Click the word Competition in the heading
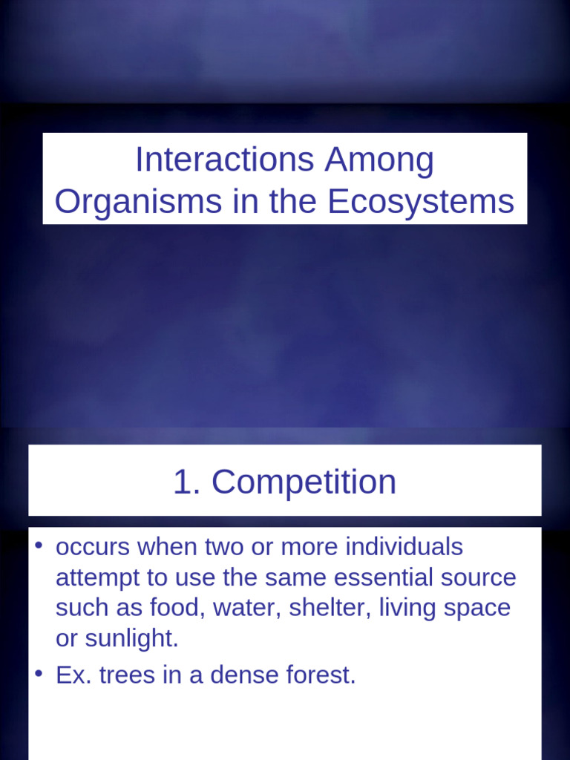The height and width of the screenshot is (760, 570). point(304,482)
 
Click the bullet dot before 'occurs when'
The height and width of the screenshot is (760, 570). point(39,547)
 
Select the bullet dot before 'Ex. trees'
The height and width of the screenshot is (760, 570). point(39,673)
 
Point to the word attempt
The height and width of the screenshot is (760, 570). point(96,578)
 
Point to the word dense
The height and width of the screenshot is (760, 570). point(231,675)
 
